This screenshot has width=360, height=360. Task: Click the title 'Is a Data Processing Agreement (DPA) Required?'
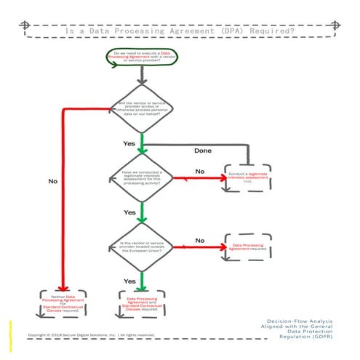point(180,31)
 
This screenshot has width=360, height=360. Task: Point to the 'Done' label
point(202,151)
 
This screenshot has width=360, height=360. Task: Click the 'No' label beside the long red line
point(52,181)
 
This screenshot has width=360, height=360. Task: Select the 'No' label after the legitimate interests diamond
point(199,171)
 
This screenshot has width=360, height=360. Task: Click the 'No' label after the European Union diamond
point(199,240)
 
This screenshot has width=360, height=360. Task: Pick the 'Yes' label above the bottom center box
point(129,281)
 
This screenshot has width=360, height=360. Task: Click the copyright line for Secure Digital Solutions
point(91,335)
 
